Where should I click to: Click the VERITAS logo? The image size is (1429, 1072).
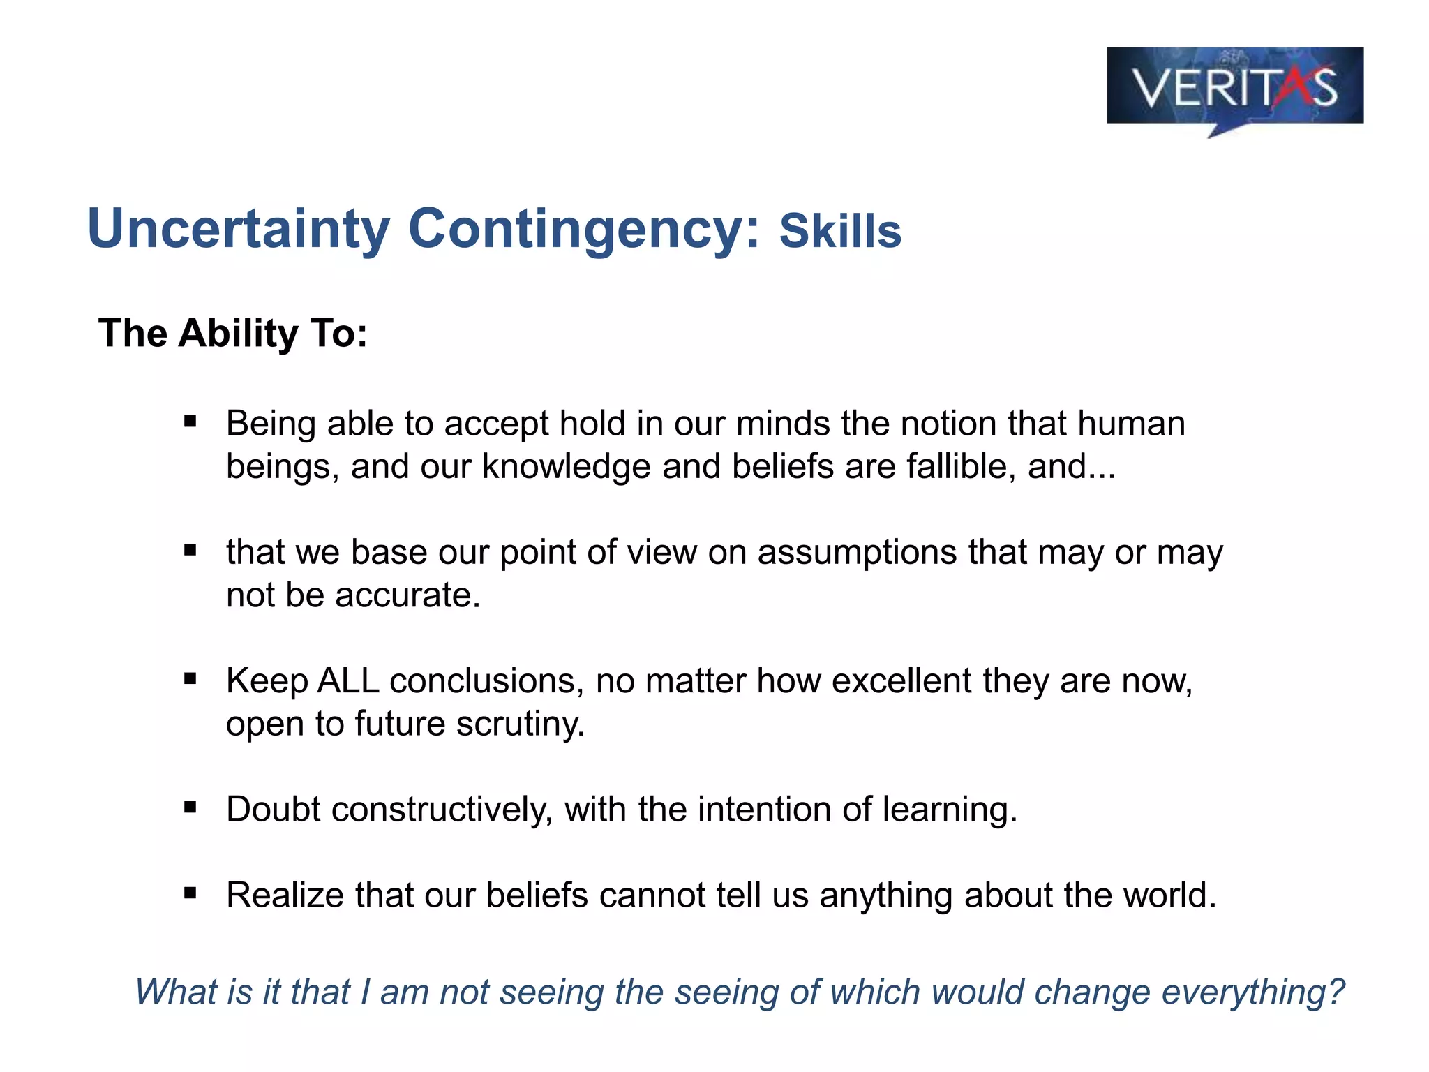(1234, 87)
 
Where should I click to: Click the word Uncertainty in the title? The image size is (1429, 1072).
(239, 229)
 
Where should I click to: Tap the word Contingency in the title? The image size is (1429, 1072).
(583, 229)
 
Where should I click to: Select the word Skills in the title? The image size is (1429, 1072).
(840, 231)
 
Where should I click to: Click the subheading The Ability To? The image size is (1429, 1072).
(232, 333)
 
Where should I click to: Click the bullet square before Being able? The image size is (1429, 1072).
(190, 422)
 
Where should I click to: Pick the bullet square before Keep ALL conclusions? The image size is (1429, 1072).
(190, 678)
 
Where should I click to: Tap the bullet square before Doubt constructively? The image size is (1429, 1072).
(190, 807)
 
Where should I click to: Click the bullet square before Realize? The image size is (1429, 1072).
(190, 893)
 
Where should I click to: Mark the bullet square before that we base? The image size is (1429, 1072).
(190, 550)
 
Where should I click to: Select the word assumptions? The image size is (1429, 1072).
(857, 552)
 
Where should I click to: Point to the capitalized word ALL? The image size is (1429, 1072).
(348, 680)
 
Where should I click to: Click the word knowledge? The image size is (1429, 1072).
(566, 466)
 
